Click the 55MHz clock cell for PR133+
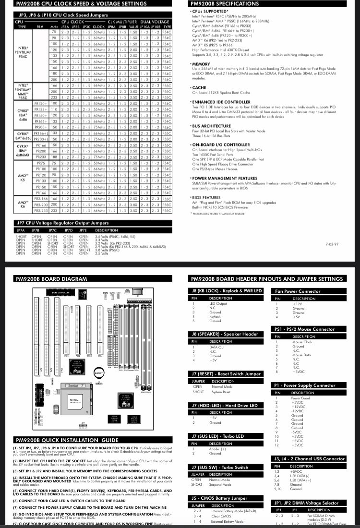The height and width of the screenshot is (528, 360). [x=99, y=109]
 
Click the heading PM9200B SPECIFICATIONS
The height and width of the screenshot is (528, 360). [x=224, y=4]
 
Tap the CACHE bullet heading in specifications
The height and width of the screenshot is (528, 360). [x=200, y=88]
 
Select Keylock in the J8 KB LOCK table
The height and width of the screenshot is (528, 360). [x=215, y=316]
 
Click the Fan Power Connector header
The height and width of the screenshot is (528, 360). [x=298, y=291]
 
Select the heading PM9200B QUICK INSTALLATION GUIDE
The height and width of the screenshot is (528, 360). [x=67, y=440]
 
